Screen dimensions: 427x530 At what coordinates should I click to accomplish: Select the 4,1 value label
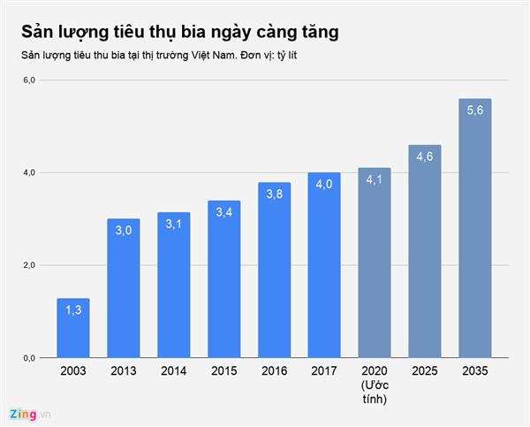[375, 182]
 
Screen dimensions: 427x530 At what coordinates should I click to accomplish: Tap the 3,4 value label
[224, 215]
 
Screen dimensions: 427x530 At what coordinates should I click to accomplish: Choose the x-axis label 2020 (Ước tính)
[375, 385]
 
